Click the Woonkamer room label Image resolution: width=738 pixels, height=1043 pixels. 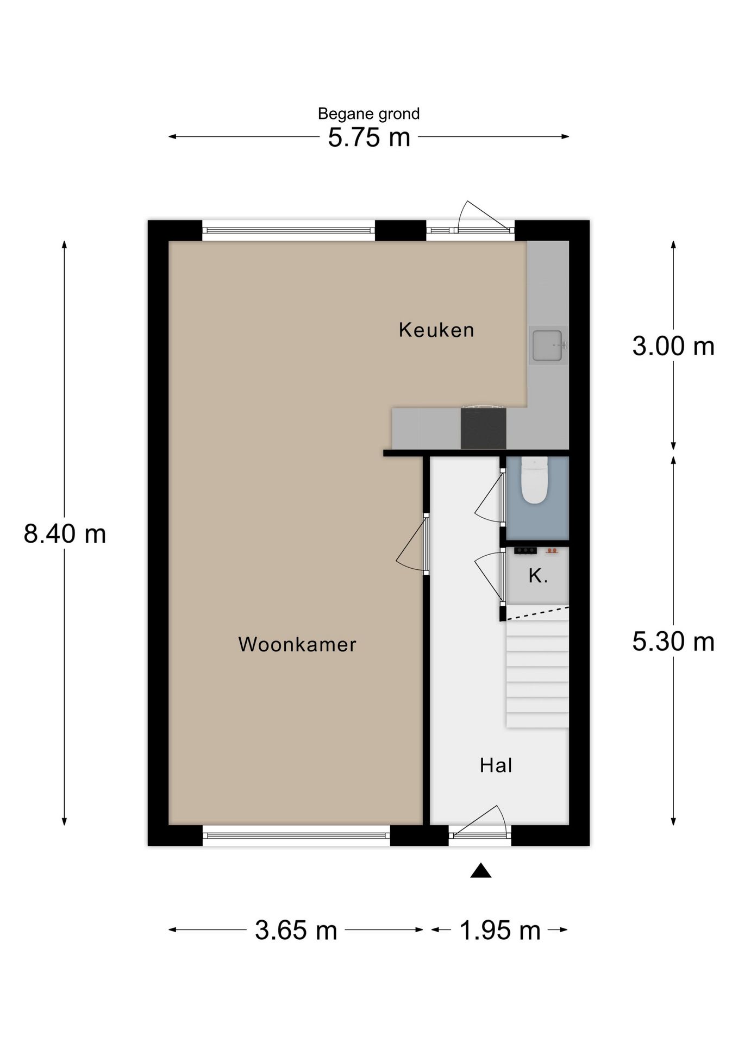[x=297, y=644]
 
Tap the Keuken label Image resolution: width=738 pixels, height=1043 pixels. [x=436, y=330]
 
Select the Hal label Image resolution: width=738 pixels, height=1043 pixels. [x=496, y=765]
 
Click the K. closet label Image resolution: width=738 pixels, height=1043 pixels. [x=538, y=576]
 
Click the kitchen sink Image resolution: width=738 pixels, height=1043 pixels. [x=547, y=345]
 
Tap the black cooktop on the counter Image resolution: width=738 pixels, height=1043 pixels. [x=483, y=429]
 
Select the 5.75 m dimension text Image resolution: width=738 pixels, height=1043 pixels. [x=368, y=137]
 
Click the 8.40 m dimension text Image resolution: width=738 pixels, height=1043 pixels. [x=65, y=533]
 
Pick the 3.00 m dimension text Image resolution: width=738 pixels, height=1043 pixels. [x=673, y=346]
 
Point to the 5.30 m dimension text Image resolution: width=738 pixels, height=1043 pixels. [x=673, y=642]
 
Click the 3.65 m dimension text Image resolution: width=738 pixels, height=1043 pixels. [x=296, y=931]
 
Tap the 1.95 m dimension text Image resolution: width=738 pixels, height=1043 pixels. [x=500, y=931]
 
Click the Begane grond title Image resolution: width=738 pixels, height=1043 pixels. [x=368, y=114]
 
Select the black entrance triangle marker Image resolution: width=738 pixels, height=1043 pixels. [x=480, y=871]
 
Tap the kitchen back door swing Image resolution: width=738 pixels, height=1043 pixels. [x=478, y=217]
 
